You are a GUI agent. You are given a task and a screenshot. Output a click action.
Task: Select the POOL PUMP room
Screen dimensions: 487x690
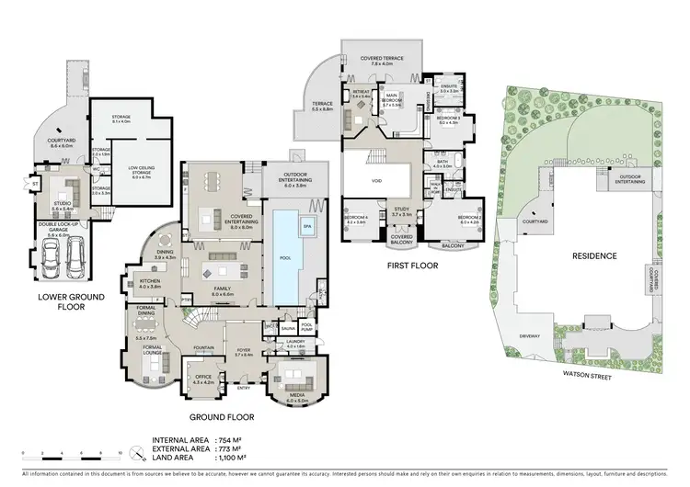pos(307,327)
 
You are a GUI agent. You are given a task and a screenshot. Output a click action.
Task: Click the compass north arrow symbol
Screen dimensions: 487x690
pos(138,453)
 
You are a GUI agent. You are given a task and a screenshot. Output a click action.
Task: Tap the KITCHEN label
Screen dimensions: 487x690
pos(149,282)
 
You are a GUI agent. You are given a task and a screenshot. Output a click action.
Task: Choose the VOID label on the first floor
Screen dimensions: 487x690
pos(376,181)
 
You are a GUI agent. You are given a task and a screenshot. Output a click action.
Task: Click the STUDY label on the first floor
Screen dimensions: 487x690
pos(401,210)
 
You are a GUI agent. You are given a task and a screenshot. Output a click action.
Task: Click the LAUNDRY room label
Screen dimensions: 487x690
pos(295,342)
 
